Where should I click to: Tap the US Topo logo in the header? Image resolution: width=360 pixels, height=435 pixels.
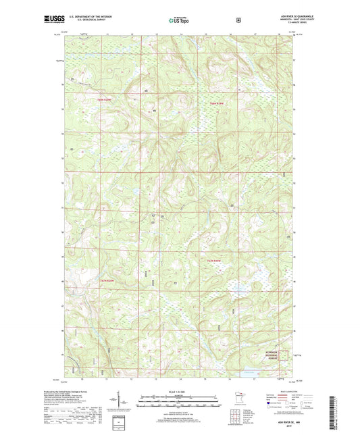click(x=179, y=20)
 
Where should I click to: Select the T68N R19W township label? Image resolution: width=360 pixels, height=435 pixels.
click(x=216, y=103)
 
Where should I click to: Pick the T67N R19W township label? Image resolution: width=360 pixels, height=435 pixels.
click(x=214, y=261)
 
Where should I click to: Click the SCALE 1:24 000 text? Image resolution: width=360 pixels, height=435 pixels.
click(x=180, y=392)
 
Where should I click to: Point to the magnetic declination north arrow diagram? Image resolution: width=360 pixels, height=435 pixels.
click(x=130, y=402)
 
